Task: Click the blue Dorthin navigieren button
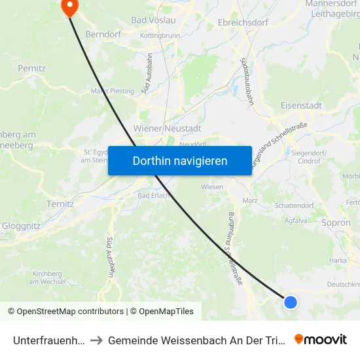[x=180, y=160]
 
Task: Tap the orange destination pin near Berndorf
[x=69, y=7]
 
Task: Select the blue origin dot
[x=291, y=302]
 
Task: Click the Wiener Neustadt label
[x=167, y=128]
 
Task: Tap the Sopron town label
[x=336, y=223]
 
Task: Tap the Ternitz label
[x=60, y=204]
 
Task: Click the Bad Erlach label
[x=154, y=195]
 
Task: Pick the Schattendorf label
[x=294, y=206]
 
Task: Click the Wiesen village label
[x=212, y=187]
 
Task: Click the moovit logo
[x=320, y=339]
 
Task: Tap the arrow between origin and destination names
[x=96, y=340]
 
